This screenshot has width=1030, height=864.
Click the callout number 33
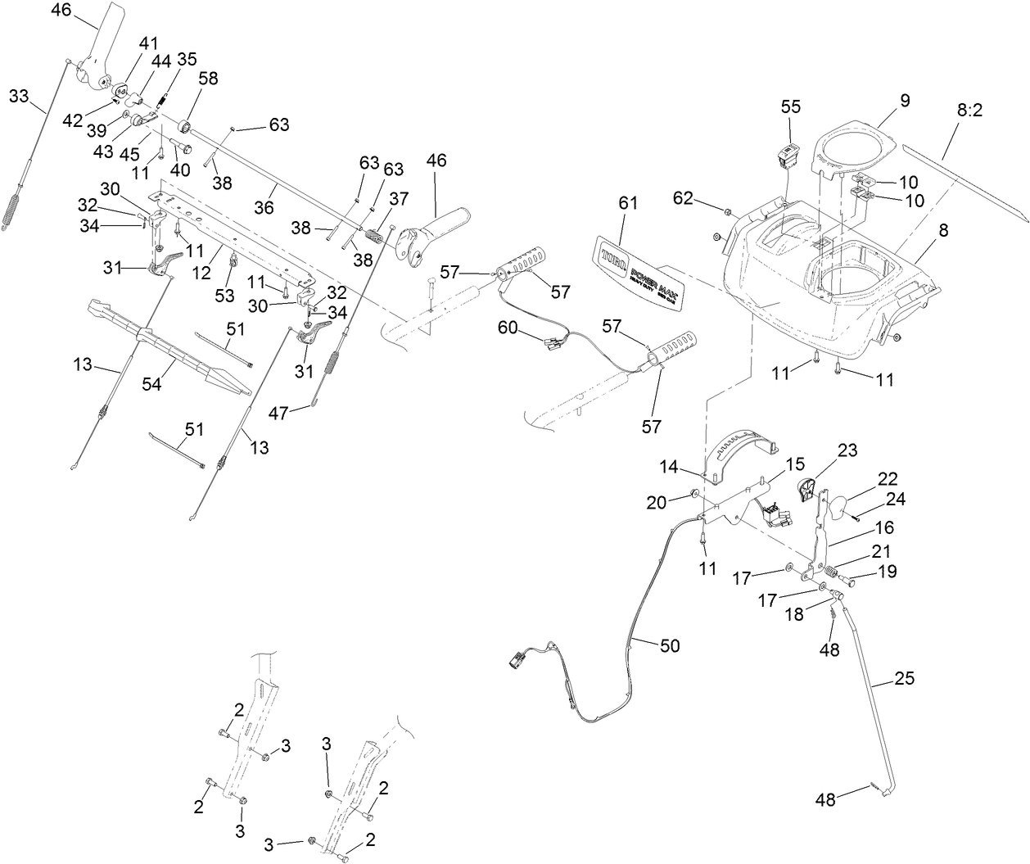click(x=18, y=97)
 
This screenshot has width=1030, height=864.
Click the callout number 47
click(x=279, y=414)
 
